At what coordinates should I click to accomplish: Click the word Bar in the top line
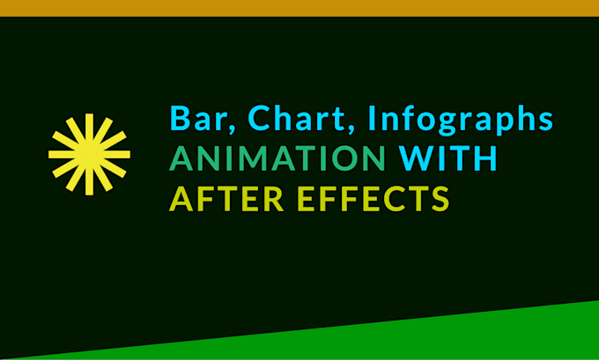click(196, 117)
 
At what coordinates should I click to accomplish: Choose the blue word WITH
click(448, 159)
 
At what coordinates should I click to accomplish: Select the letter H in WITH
click(485, 159)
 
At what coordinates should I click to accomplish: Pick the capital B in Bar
click(179, 117)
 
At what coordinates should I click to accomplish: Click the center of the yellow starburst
click(89, 155)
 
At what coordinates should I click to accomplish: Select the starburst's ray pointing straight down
click(89, 184)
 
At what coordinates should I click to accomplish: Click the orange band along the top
click(299, 7)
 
